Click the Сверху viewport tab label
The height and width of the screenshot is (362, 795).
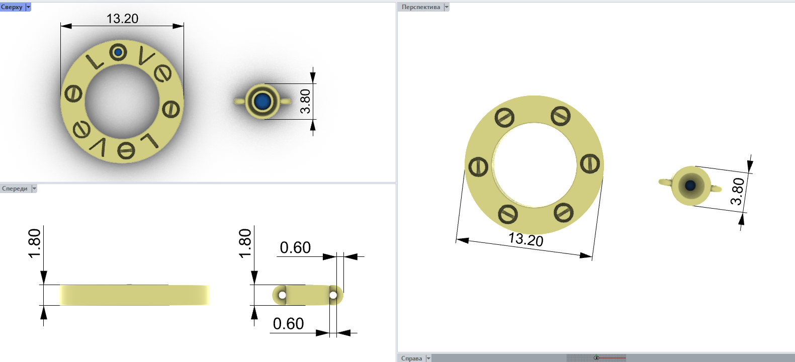tap(12, 7)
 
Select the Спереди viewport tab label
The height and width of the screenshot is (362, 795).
tap(15, 189)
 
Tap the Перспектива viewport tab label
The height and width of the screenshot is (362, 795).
tap(420, 7)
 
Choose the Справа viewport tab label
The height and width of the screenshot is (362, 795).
tap(411, 358)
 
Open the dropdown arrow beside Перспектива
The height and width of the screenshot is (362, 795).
tap(447, 7)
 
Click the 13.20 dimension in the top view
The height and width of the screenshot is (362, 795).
tap(123, 19)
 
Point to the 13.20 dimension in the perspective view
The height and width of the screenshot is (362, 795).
tap(525, 239)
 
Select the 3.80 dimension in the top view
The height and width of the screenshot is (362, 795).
tap(305, 101)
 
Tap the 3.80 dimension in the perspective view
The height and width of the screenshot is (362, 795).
tap(738, 191)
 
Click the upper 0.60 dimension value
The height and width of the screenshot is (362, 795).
tap(295, 247)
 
